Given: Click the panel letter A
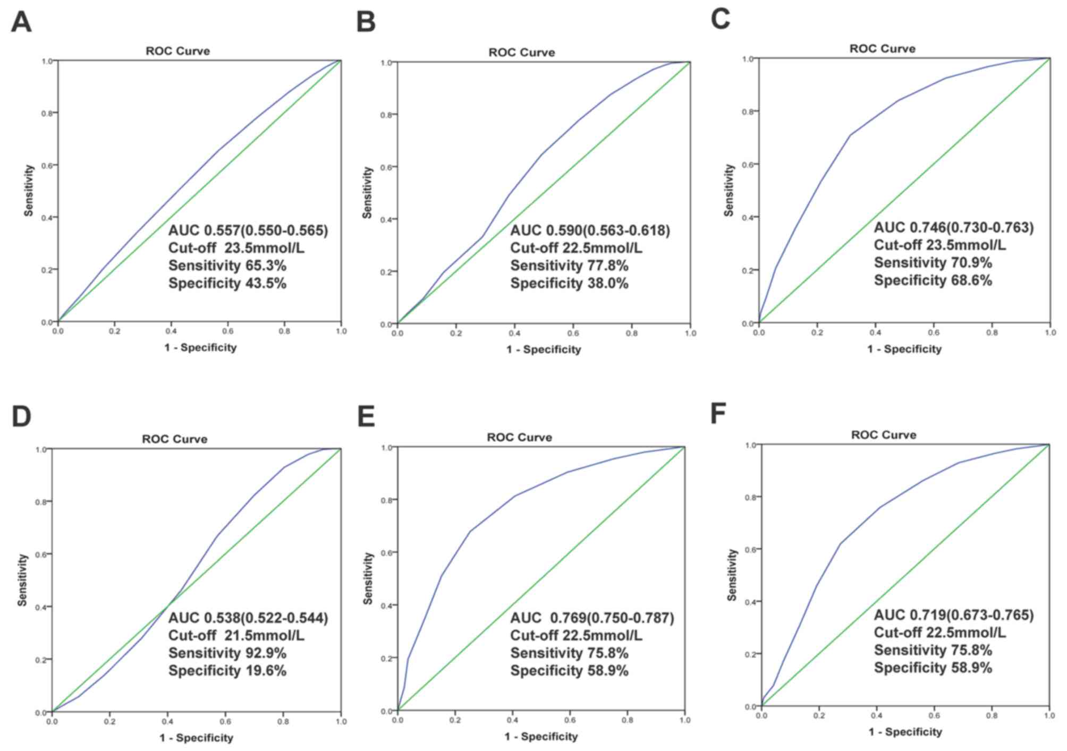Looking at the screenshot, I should (x=21, y=22).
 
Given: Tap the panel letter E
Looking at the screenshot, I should (x=366, y=416).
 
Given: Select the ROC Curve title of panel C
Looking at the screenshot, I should (x=882, y=49).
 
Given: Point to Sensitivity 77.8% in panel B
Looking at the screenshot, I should (x=569, y=266).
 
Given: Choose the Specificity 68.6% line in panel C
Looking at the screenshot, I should (x=933, y=280).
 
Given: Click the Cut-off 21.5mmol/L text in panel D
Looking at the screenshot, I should (x=236, y=635).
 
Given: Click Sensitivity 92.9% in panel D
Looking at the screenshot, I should (x=227, y=653).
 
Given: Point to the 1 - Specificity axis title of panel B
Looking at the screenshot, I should (x=543, y=349).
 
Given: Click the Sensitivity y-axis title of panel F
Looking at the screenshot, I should (x=732, y=575).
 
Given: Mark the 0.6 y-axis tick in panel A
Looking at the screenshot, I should (x=47, y=165).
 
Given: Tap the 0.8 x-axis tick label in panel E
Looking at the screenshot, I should (x=627, y=720).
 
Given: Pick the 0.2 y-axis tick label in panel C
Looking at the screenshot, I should (x=748, y=270).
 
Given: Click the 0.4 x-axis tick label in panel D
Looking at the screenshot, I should (x=168, y=721).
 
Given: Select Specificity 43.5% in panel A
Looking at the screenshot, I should (x=227, y=283).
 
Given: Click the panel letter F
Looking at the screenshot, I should (x=718, y=414).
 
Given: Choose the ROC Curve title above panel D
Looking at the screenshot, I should (x=174, y=439).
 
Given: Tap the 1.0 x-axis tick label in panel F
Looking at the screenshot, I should (x=1049, y=716).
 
